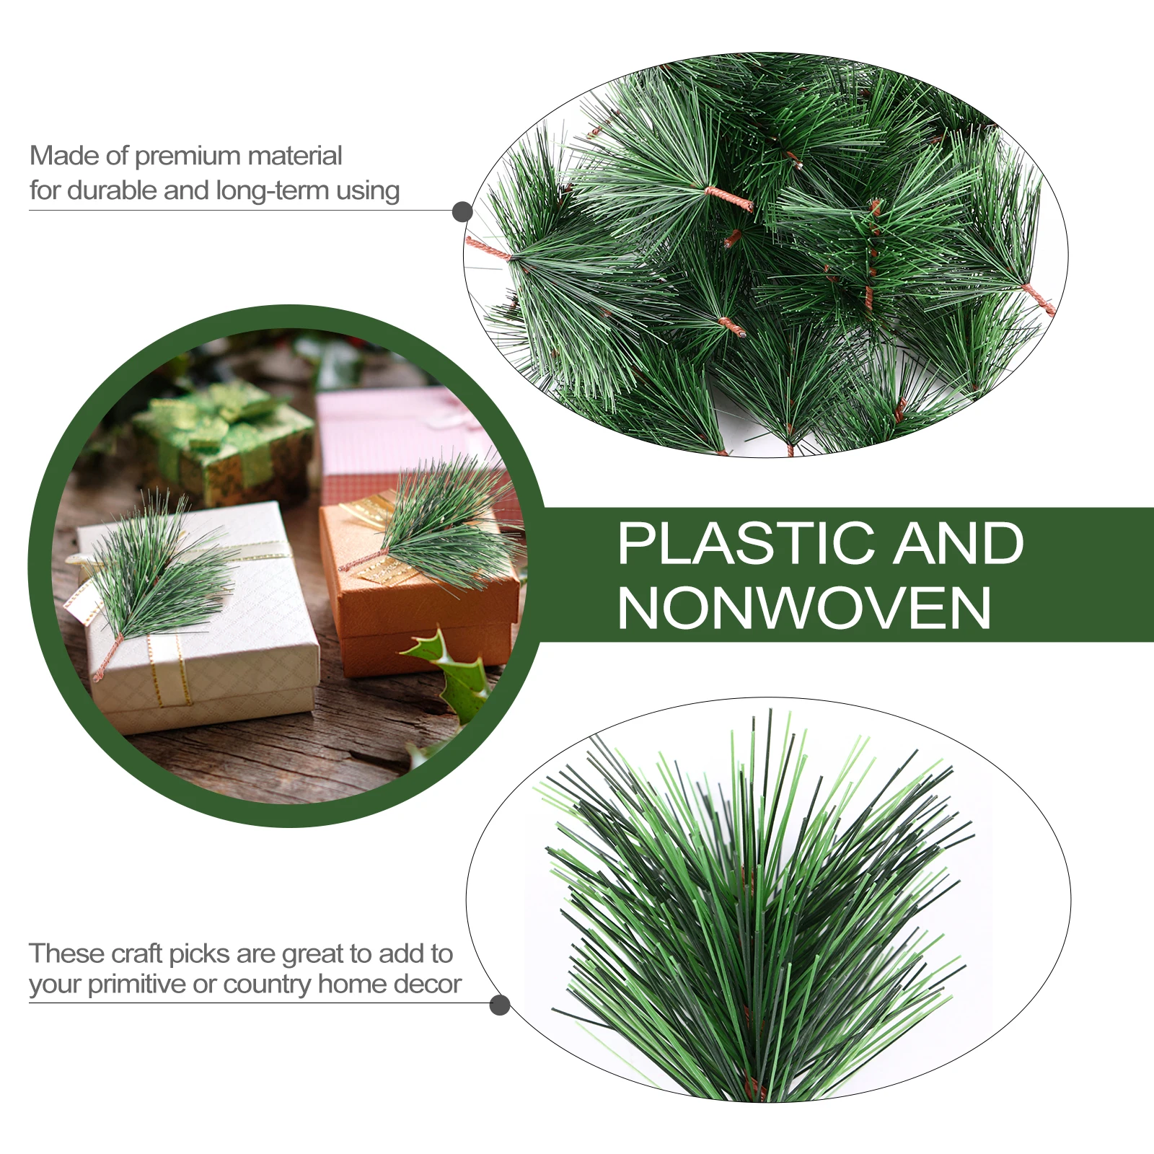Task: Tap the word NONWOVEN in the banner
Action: pyautogui.click(x=804, y=609)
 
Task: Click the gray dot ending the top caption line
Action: pyautogui.click(x=462, y=212)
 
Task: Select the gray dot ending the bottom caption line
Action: pyautogui.click(x=499, y=1005)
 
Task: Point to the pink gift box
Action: pyautogui.click(x=389, y=433)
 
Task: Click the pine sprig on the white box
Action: pyautogui.click(x=159, y=570)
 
